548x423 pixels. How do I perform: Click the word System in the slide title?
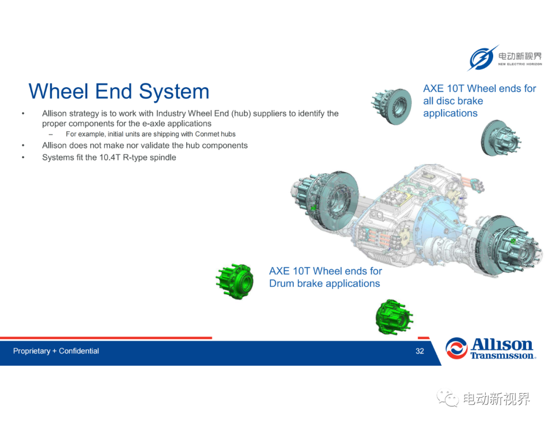(174, 92)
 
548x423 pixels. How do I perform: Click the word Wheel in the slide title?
(58, 91)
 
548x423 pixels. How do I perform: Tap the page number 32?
(420, 351)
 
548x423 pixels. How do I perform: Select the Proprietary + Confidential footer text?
(56, 351)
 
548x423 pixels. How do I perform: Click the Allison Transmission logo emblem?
(456, 348)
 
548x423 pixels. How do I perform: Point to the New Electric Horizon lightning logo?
(483, 58)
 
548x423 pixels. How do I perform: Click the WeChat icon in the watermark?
(448, 398)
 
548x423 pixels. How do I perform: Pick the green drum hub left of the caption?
(234, 281)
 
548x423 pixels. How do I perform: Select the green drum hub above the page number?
(394, 317)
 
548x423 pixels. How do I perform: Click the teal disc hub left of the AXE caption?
(391, 106)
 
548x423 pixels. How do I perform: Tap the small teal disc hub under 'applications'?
(500, 138)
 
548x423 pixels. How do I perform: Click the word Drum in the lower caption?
(282, 284)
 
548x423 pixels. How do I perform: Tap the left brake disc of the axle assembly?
(337, 201)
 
